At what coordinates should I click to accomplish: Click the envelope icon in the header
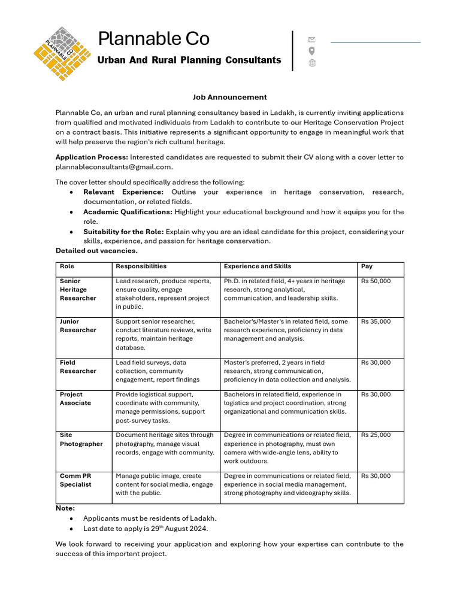pos(311,40)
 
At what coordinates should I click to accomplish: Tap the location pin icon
pos(311,51)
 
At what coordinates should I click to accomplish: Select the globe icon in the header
pos(312,63)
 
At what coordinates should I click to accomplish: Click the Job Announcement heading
pos(229,97)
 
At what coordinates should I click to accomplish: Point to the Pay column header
pos(367,266)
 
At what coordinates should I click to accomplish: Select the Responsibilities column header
pos(141,266)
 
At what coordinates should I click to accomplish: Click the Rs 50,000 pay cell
pos(376,281)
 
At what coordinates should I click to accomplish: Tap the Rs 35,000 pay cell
pos(376,321)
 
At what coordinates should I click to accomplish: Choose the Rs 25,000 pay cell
pos(376,435)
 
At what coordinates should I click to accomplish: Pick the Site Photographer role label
pos(81,439)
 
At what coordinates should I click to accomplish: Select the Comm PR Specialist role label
pos(75,480)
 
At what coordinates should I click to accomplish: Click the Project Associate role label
pos(75,399)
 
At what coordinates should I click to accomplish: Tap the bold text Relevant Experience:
pos(123,192)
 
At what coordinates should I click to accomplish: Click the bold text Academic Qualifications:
pos(128,212)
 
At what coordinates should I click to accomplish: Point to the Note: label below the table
pos(65,508)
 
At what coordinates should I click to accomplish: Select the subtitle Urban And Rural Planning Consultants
pos(189,60)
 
